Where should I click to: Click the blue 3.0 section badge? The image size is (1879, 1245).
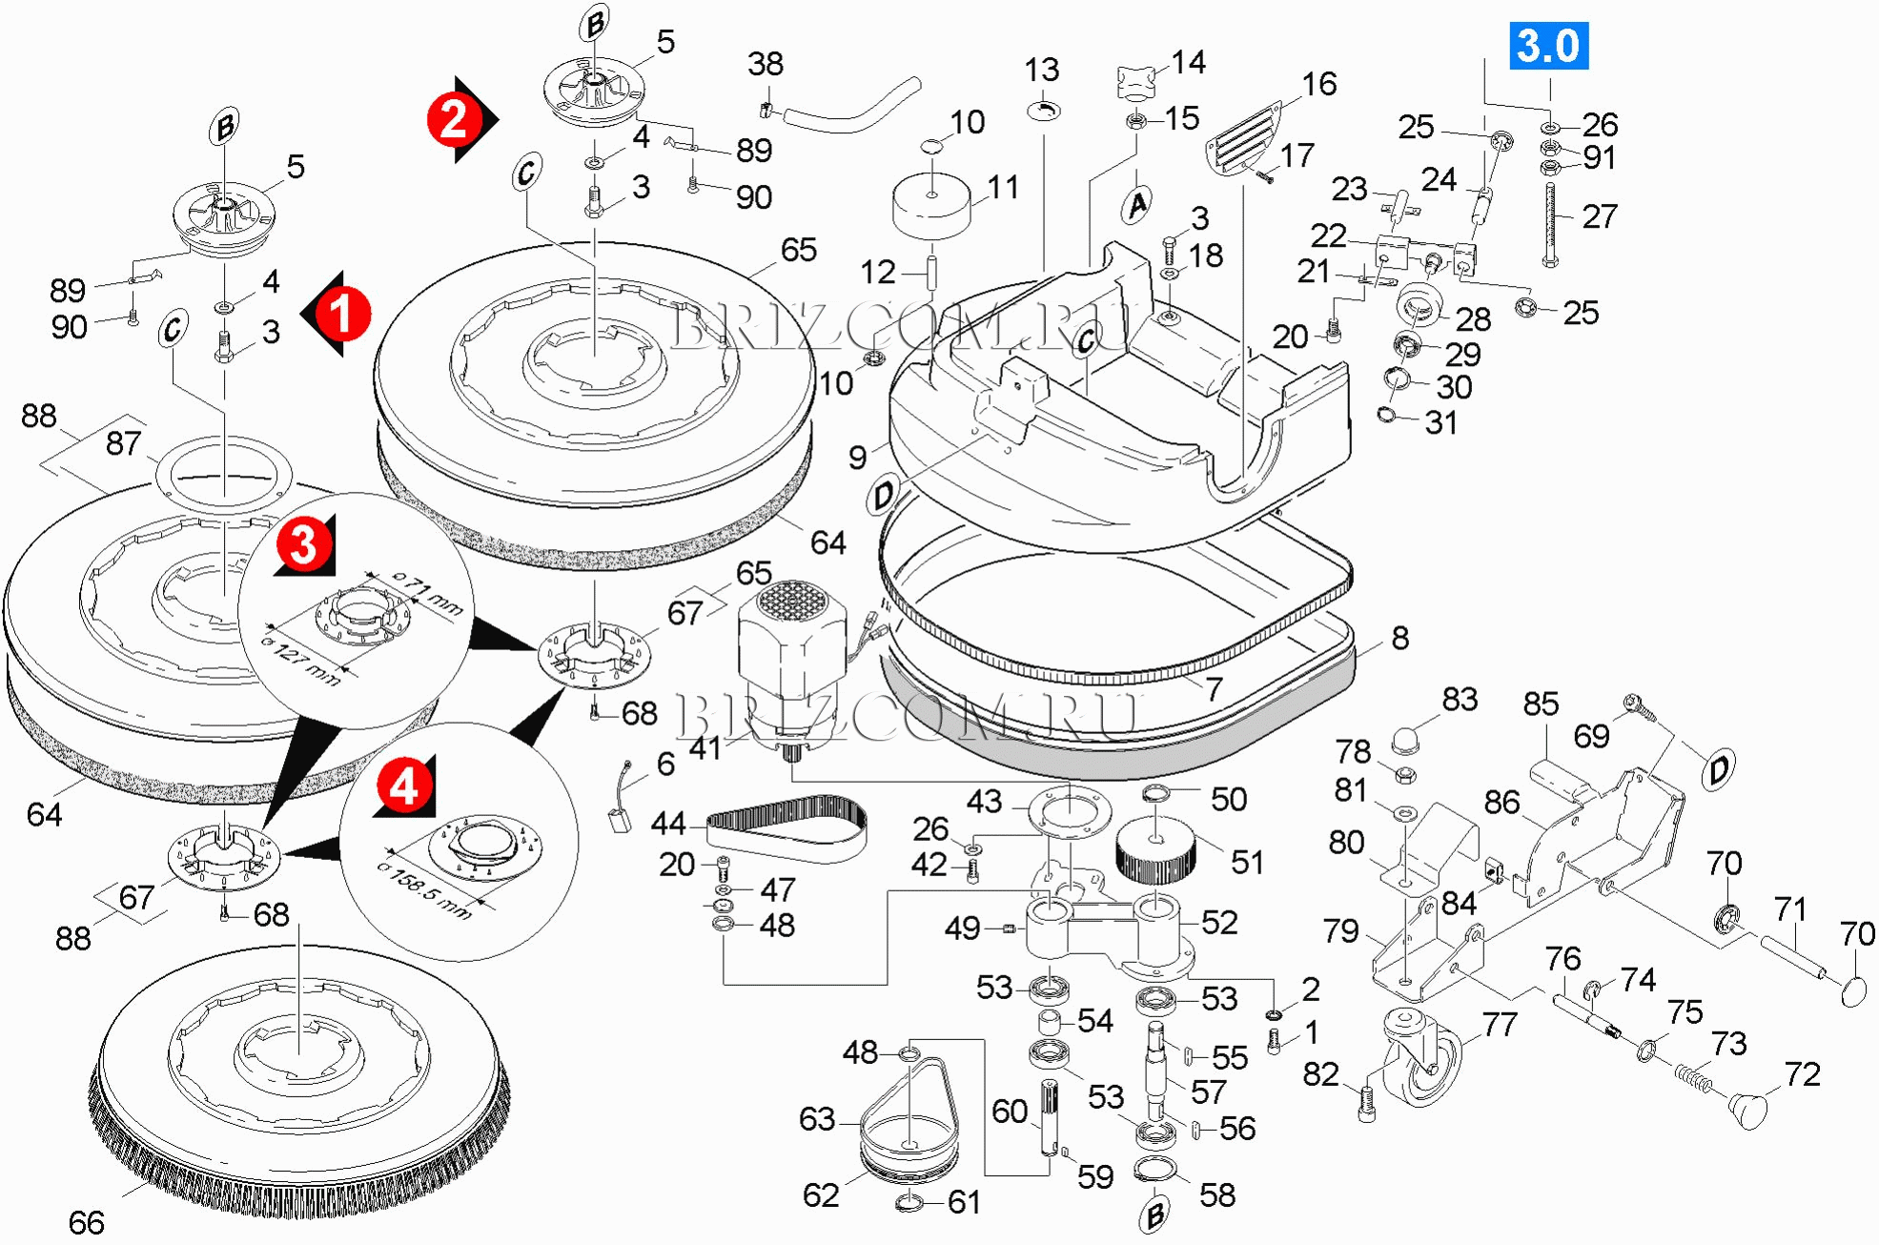point(1548,46)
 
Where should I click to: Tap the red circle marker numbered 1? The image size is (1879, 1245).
point(341,314)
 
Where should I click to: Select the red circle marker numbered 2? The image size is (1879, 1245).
point(454,119)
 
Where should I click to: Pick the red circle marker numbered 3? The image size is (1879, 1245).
point(304,545)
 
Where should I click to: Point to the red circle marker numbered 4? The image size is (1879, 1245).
point(404,787)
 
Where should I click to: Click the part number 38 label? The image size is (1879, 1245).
point(766,64)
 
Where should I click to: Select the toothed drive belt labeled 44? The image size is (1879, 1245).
point(786,825)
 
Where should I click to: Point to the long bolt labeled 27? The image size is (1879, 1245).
point(1551,224)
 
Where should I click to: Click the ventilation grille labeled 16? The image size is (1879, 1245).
point(1243,139)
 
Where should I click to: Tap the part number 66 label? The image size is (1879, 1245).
point(86,1222)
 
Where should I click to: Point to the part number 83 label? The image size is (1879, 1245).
point(1460,699)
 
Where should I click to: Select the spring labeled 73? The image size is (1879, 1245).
point(1694,1076)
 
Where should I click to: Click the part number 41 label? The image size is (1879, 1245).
point(705,748)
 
